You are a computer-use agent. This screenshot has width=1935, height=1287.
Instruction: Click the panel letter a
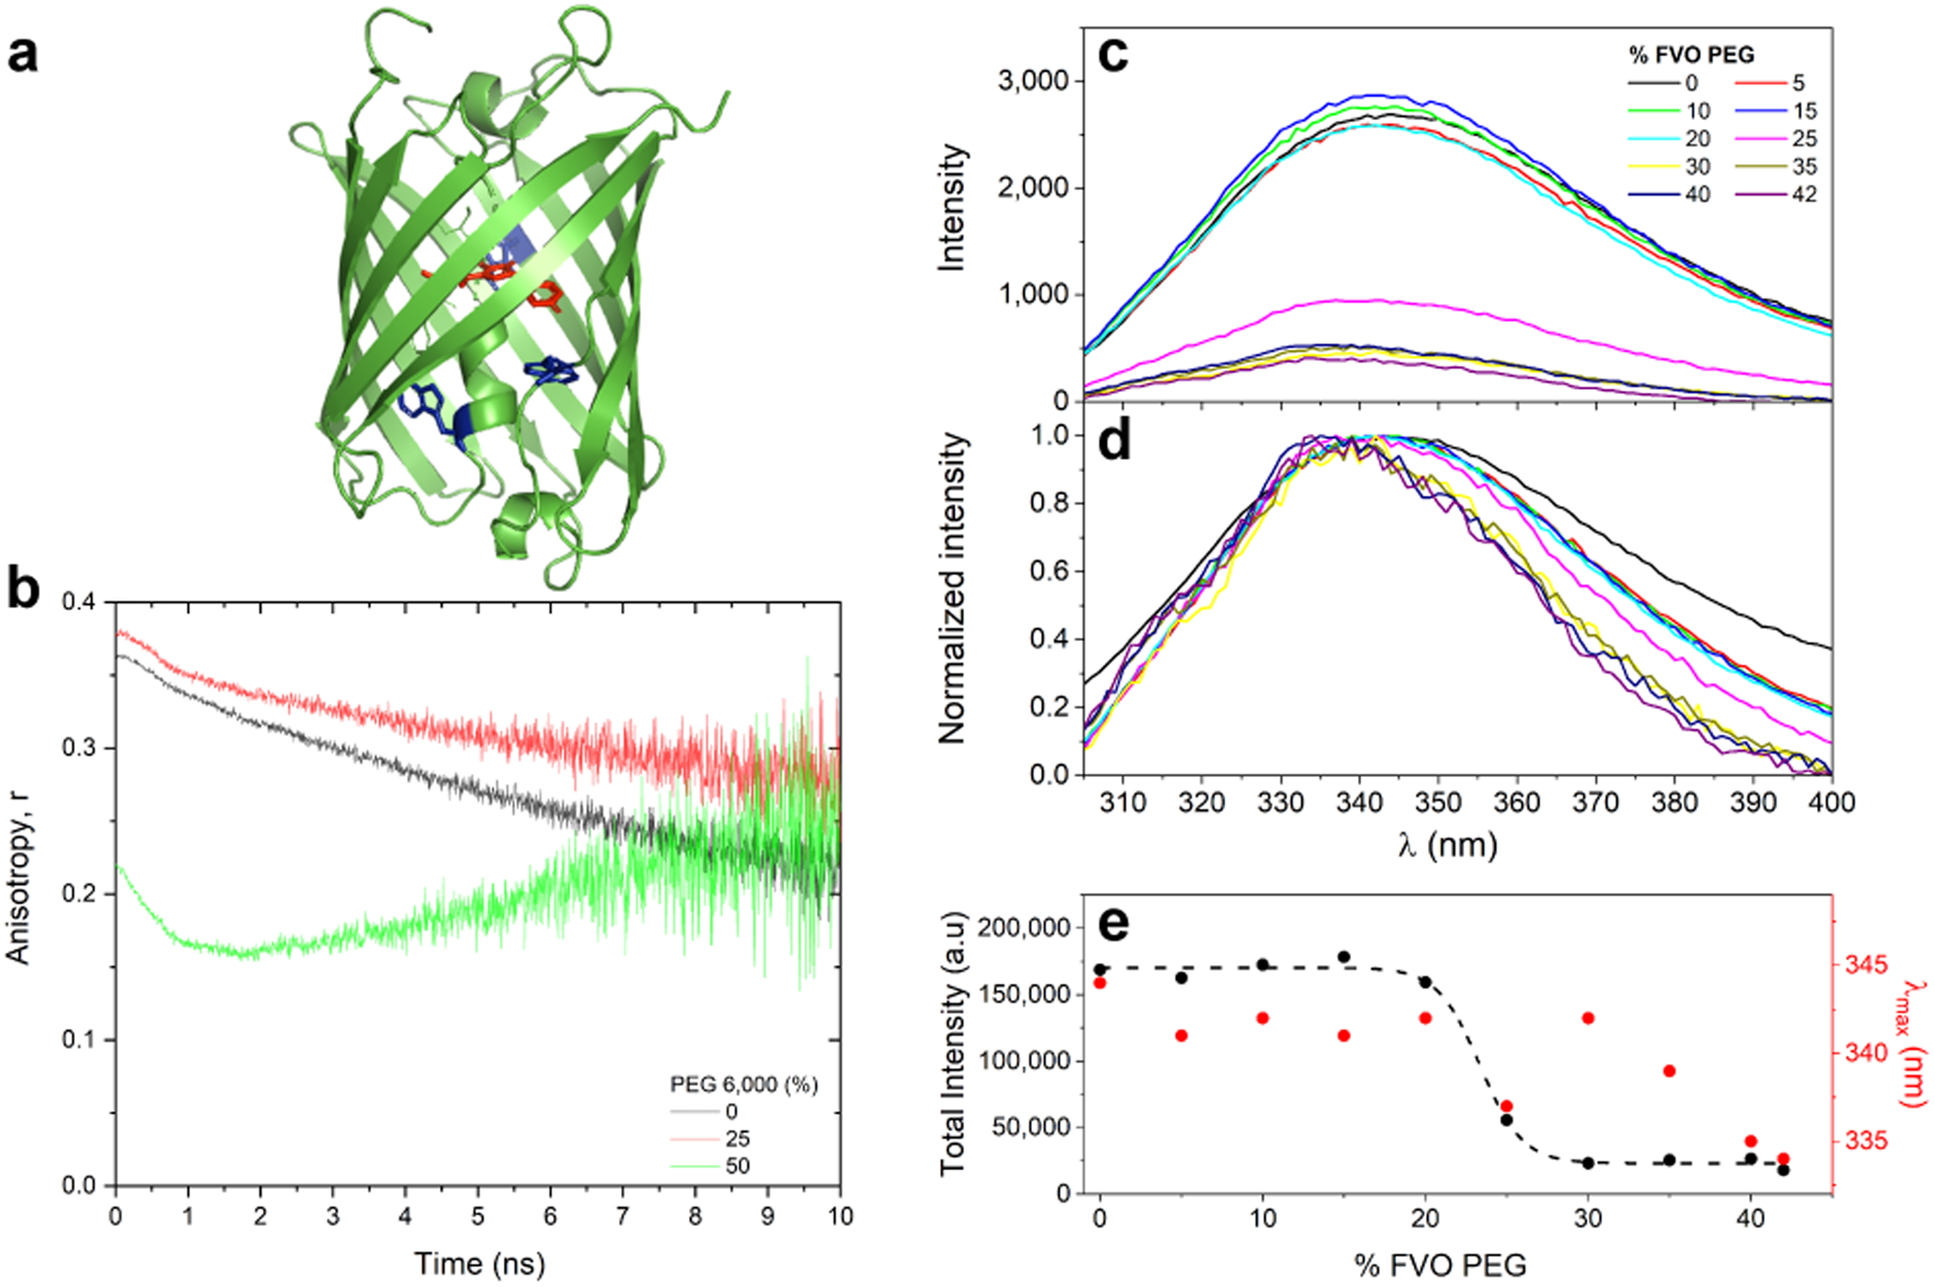pyautogui.click(x=23, y=55)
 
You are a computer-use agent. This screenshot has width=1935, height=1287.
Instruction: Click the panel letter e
pyautogui.click(x=1114, y=923)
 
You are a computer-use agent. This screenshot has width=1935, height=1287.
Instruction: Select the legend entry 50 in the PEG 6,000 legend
pyautogui.click(x=737, y=1166)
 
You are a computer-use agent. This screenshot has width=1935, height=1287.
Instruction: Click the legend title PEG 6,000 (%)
pyautogui.click(x=744, y=1084)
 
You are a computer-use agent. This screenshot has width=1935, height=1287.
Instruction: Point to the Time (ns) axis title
pyautogui.click(x=480, y=1263)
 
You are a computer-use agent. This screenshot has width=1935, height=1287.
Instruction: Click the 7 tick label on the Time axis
pyautogui.click(x=622, y=1216)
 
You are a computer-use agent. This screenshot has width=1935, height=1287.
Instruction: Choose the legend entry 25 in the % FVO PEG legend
pyautogui.click(x=1804, y=139)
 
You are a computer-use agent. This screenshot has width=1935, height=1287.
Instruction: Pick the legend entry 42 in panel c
pyautogui.click(x=1804, y=195)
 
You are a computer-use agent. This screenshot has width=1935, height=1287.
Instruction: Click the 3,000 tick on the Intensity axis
pyautogui.click(x=1033, y=81)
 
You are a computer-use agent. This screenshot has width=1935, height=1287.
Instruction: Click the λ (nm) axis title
pyautogui.click(x=1447, y=843)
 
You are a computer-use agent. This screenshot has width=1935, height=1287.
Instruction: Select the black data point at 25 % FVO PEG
pyautogui.click(x=1506, y=1120)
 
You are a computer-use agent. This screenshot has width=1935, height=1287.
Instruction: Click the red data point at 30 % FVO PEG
pyautogui.click(x=1589, y=1018)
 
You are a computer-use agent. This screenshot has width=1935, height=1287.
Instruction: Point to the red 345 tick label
pyautogui.click(x=1866, y=965)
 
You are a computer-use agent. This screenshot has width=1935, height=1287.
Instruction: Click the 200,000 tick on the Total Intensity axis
pyautogui.click(x=1024, y=928)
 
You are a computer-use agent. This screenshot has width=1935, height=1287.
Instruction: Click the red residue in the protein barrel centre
pyautogui.click(x=491, y=276)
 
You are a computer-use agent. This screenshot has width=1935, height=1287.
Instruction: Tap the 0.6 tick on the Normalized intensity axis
pyautogui.click(x=1049, y=571)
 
